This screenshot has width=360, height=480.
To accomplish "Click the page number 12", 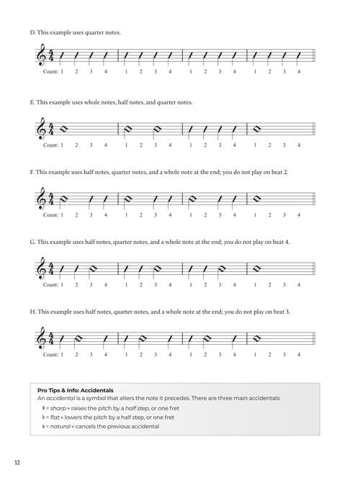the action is pyautogui.click(x=16, y=462).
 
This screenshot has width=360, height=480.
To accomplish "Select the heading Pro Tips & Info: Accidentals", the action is pyautogui.click(x=75, y=389).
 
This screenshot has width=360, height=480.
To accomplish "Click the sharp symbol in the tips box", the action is pyautogui.click(x=44, y=407).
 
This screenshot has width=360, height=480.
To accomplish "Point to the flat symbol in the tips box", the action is pyautogui.click(x=44, y=417).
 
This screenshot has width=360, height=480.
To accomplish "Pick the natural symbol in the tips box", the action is pyautogui.click(x=44, y=426).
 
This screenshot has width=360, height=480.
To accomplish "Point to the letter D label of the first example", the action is pyautogui.click(x=32, y=32).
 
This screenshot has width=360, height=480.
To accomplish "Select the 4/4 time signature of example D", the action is pyautogui.click(x=50, y=56).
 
